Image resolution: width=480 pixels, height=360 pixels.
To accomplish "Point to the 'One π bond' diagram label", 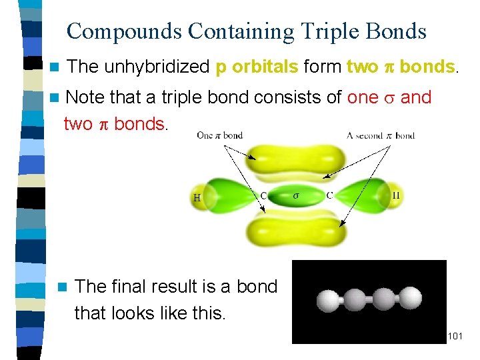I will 219,135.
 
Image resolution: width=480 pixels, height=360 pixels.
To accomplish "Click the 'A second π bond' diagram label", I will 381,135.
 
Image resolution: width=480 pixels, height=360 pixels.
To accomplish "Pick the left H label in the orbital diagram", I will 197,197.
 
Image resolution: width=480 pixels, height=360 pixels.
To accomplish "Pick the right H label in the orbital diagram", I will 395,195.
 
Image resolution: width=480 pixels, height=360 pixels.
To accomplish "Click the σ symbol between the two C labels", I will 297,195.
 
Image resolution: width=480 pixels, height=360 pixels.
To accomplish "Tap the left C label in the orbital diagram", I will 264,195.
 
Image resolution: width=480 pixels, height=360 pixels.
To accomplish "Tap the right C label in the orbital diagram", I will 329,195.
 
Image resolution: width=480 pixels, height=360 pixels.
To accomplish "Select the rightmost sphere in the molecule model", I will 414,301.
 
